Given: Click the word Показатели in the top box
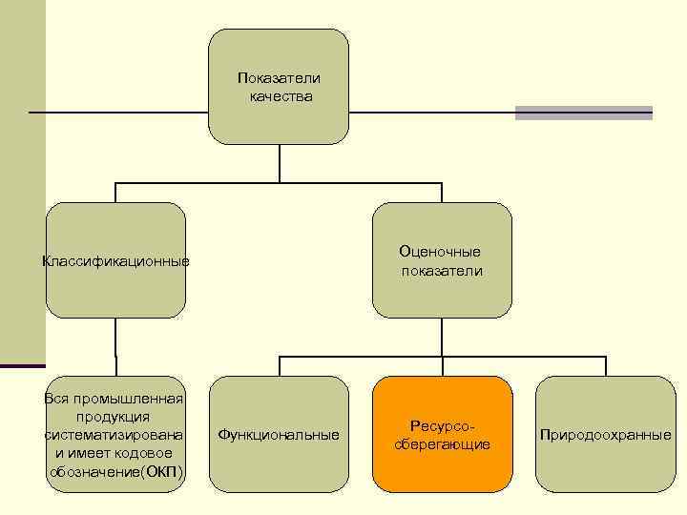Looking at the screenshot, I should pyautogui.click(x=279, y=77).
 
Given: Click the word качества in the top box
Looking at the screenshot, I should pyautogui.click(x=280, y=96).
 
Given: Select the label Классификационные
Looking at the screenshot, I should pyautogui.click(x=115, y=261).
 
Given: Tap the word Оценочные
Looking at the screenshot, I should pyautogui.click(x=440, y=252).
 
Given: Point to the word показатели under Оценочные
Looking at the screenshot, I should pyautogui.click(x=441, y=271).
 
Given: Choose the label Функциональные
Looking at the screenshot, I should pyautogui.click(x=279, y=435).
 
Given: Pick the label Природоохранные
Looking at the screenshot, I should pyautogui.click(x=605, y=435).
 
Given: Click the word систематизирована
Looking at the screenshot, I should pyautogui.click(x=114, y=435).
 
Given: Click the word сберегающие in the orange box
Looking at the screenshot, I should pyautogui.click(x=442, y=444).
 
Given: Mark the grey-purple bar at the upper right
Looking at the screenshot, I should pyautogui.click(x=583, y=113).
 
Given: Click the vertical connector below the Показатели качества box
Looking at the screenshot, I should pyautogui.click(x=279, y=163).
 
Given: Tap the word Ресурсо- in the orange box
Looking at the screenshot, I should pyautogui.click(x=442, y=425).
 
